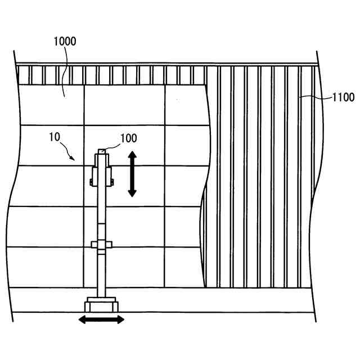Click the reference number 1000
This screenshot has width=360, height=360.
click(x=65, y=41)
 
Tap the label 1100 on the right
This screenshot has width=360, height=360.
click(x=343, y=97)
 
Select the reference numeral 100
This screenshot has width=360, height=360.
click(x=128, y=137)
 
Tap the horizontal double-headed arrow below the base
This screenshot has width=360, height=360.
click(x=101, y=319)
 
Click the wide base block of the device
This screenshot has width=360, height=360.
click(x=101, y=306)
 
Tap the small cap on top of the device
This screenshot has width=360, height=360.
click(x=101, y=150)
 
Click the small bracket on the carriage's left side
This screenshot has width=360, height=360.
click(x=91, y=181)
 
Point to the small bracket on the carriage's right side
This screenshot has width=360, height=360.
click(x=112, y=181)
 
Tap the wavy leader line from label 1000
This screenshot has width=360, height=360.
click(x=65, y=67)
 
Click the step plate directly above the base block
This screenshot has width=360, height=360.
click(x=101, y=298)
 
